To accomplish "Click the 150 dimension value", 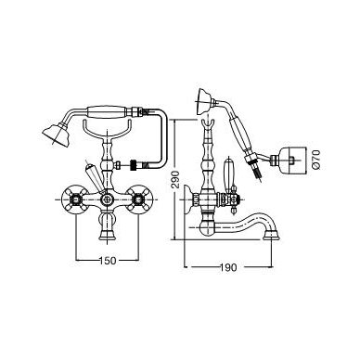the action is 108,261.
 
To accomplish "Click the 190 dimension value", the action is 228,267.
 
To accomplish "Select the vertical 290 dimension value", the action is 175,179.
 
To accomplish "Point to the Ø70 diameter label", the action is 316,160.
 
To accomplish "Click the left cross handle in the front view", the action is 76,199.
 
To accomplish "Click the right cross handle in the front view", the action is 138,199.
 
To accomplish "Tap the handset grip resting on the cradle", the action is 105,112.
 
